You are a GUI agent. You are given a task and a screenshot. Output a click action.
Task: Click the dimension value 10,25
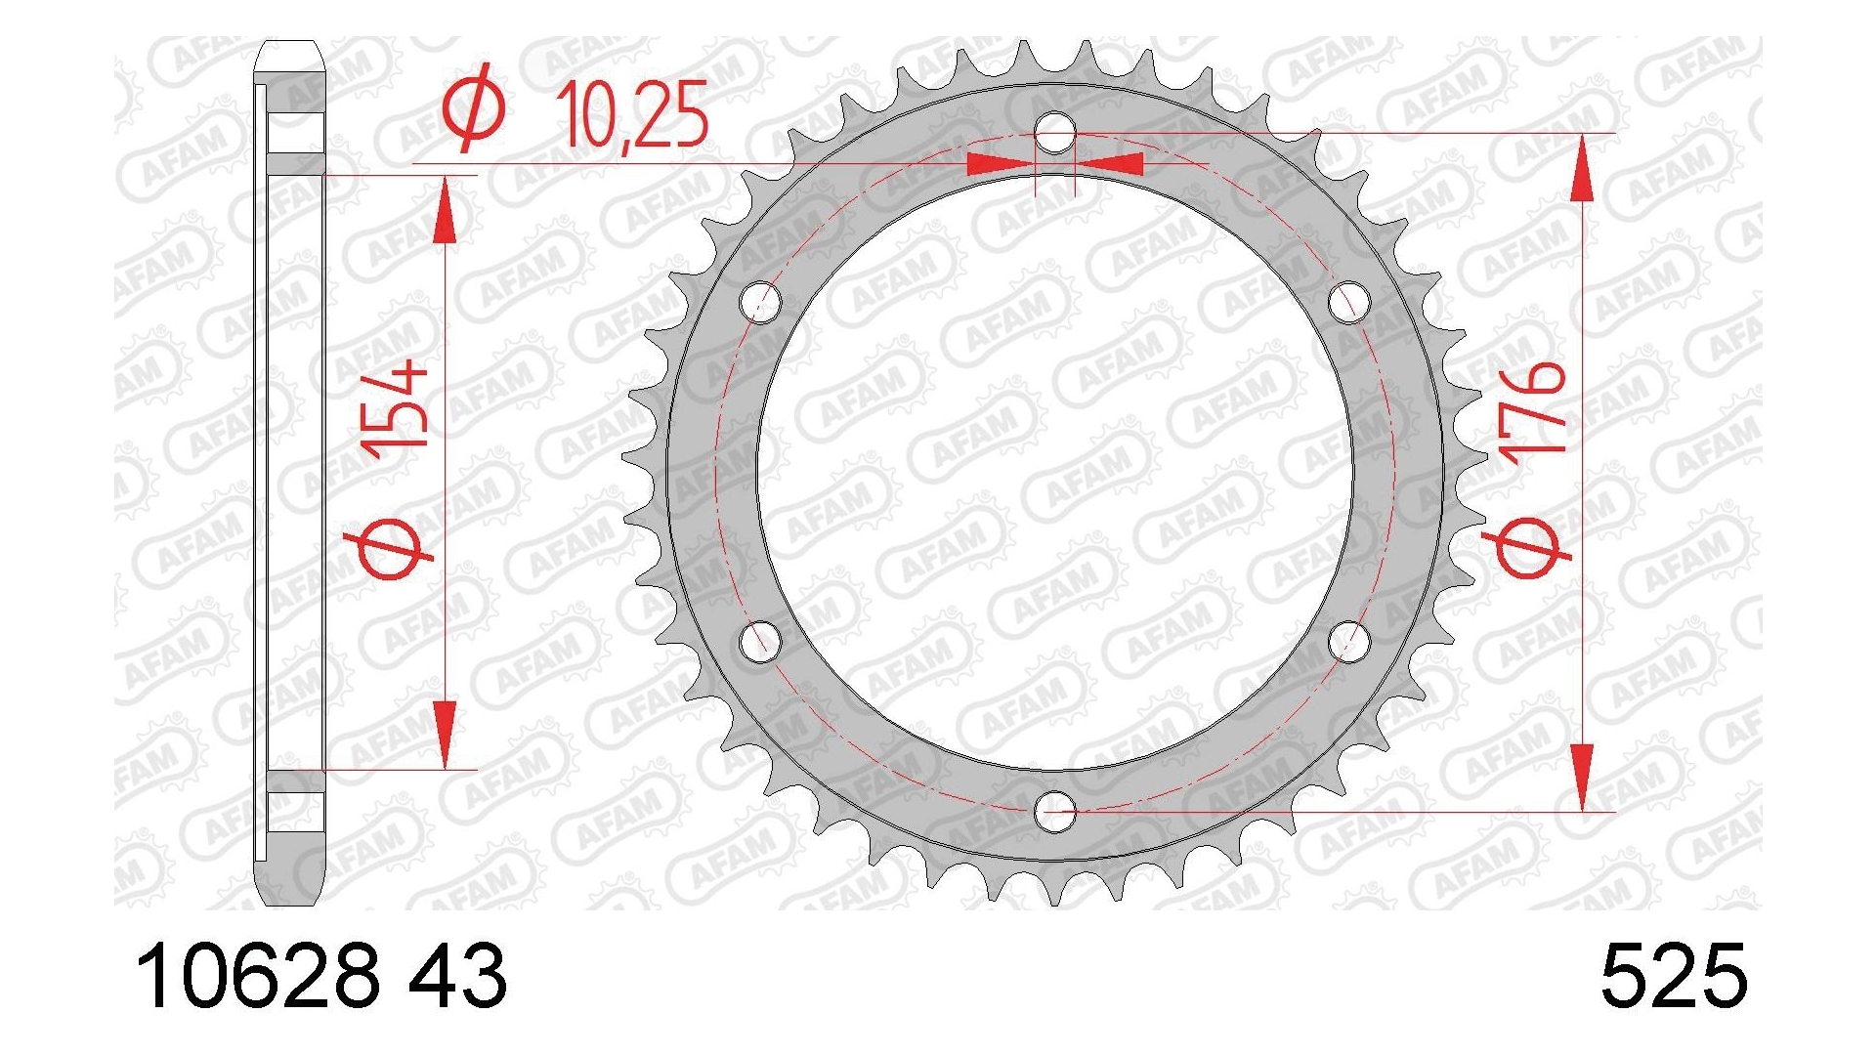click(x=631, y=114)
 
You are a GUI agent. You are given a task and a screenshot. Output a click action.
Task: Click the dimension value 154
click(x=395, y=405)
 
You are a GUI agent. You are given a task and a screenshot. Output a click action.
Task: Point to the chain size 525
click(x=1673, y=976)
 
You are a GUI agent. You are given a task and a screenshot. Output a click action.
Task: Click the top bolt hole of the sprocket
click(x=1055, y=133)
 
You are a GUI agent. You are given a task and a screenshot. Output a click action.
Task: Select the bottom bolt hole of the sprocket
click(x=1055, y=810)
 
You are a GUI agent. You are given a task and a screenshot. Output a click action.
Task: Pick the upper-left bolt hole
click(x=761, y=302)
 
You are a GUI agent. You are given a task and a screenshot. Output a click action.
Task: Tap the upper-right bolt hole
click(x=1349, y=302)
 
